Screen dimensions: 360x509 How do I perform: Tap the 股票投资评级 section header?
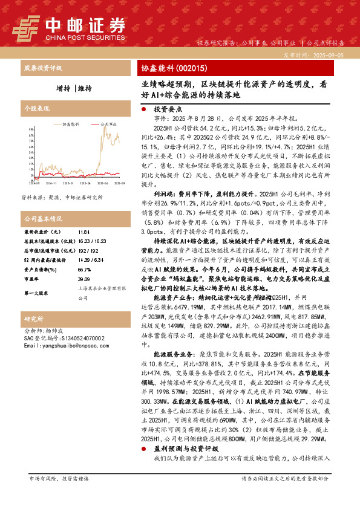click(42, 68)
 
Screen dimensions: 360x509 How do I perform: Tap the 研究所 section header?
click(33, 319)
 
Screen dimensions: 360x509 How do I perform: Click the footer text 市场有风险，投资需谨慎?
click(58, 495)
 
